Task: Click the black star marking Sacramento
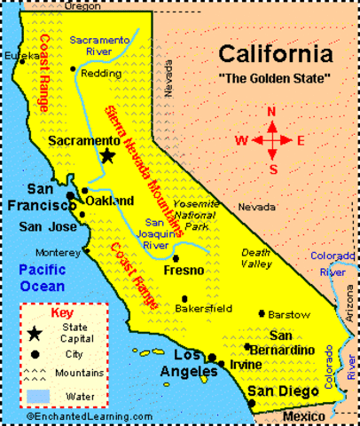coord(107,156)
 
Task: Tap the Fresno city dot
coord(176,257)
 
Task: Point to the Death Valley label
coord(257,257)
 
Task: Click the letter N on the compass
coord(273,111)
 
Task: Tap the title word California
coord(277,54)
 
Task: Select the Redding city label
coord(100,74)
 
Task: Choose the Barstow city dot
coord(261,313)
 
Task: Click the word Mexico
coord(304,415)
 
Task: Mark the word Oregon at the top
coord(82,6)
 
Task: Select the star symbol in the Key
coord(35,333)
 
